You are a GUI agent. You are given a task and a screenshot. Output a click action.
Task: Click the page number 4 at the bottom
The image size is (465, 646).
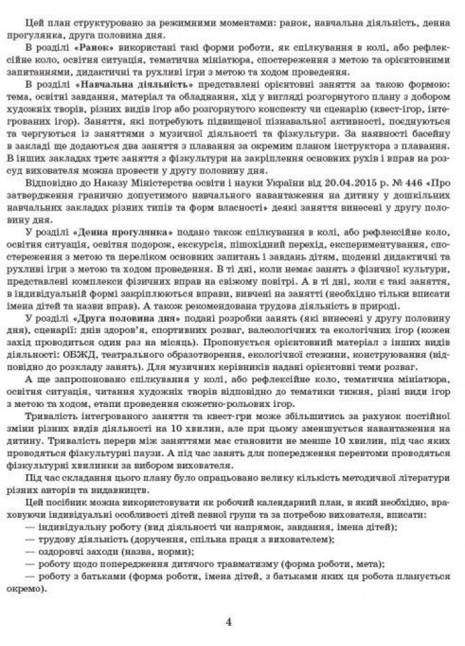coord(229,622)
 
